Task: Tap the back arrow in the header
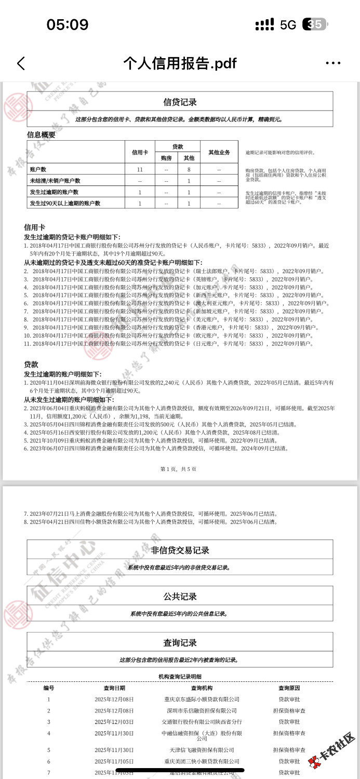pos(21,63)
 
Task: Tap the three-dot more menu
pos(333,63)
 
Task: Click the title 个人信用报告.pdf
pos(180,63)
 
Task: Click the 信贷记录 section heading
pos(180,102)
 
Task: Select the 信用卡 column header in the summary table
pos(140,153)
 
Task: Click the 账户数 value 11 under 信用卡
pos(140,169)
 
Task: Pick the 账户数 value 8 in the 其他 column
pos(189,169)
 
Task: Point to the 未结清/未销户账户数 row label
pos(55,181)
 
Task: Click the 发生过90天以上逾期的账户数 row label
pos(65,203)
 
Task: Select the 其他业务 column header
pos(219,153)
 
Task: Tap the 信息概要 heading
pos(41,135)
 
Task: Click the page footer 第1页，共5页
pos(178,469)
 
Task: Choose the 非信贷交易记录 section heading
pos(180,550)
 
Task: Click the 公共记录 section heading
pos(180,596)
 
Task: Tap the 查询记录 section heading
pos(180,642)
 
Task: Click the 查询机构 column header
pos(202,688)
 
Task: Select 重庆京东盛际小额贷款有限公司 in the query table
pos(202,700)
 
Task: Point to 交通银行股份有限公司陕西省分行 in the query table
pos(202,722)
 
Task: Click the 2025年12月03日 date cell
pos(114,722)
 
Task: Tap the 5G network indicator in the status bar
pos(288,24)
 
